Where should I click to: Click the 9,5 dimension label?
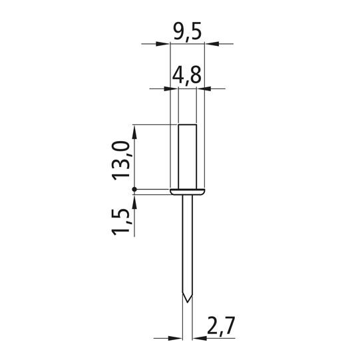coord(187,32)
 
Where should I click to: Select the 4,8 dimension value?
coord(187,76)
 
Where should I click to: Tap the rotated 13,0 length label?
coord(121,161)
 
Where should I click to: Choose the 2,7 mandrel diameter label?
coord(220,326)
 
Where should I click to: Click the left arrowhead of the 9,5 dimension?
coord(162,44)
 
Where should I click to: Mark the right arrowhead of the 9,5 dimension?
coord(212,44)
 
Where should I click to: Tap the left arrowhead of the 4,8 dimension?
coord(171,89)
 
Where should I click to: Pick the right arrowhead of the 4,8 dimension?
coord(204,89)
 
